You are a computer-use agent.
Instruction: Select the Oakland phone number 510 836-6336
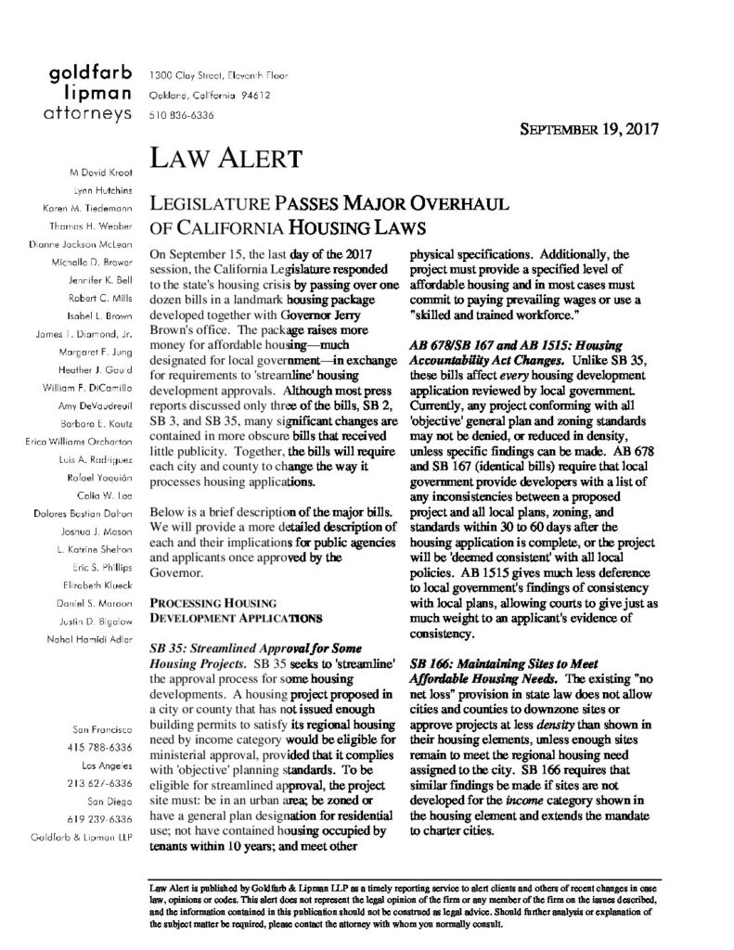[176, 116]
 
